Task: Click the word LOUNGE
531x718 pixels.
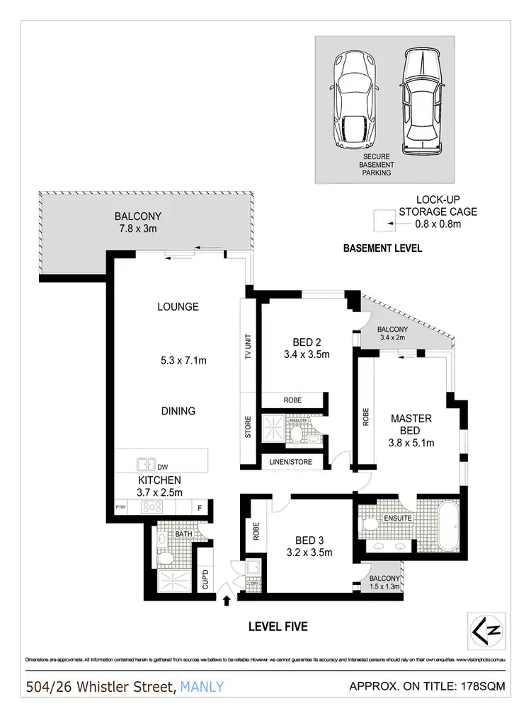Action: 178,307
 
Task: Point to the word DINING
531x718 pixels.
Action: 178,411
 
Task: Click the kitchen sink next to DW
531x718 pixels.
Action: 147,465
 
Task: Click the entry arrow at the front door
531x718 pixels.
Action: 227,601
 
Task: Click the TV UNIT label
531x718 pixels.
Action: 248,347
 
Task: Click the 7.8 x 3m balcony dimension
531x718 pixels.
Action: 139,229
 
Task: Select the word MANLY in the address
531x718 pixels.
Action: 202,686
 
